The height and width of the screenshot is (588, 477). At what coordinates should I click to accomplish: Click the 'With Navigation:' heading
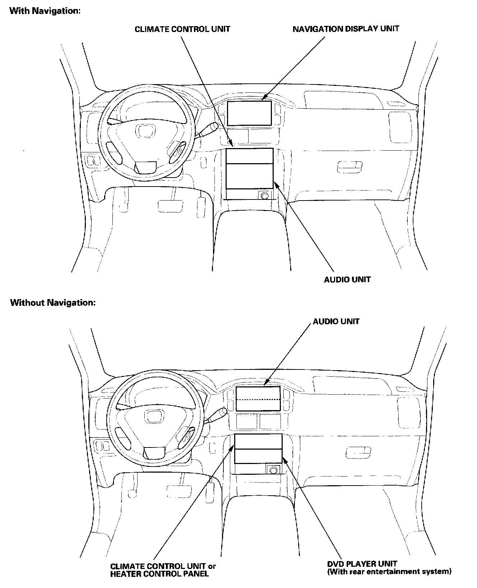tap(45, 11)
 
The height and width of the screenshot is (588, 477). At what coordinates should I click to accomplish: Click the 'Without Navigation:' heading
tap(53, 302)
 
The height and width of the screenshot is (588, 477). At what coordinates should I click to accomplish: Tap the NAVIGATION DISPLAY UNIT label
tap(346, 29)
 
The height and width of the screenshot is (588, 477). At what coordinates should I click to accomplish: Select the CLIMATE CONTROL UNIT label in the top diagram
tap(182, 29)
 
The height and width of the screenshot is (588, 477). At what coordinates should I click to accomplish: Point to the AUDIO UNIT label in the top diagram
tap(347, 279)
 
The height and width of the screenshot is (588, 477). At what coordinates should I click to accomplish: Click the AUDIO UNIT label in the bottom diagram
tap(336, 321)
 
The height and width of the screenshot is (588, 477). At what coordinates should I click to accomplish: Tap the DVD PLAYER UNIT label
tap(362, 564)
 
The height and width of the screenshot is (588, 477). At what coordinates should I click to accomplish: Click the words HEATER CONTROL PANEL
tap(159, 574)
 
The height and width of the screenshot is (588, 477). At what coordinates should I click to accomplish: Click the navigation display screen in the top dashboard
tap(249, 113)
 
